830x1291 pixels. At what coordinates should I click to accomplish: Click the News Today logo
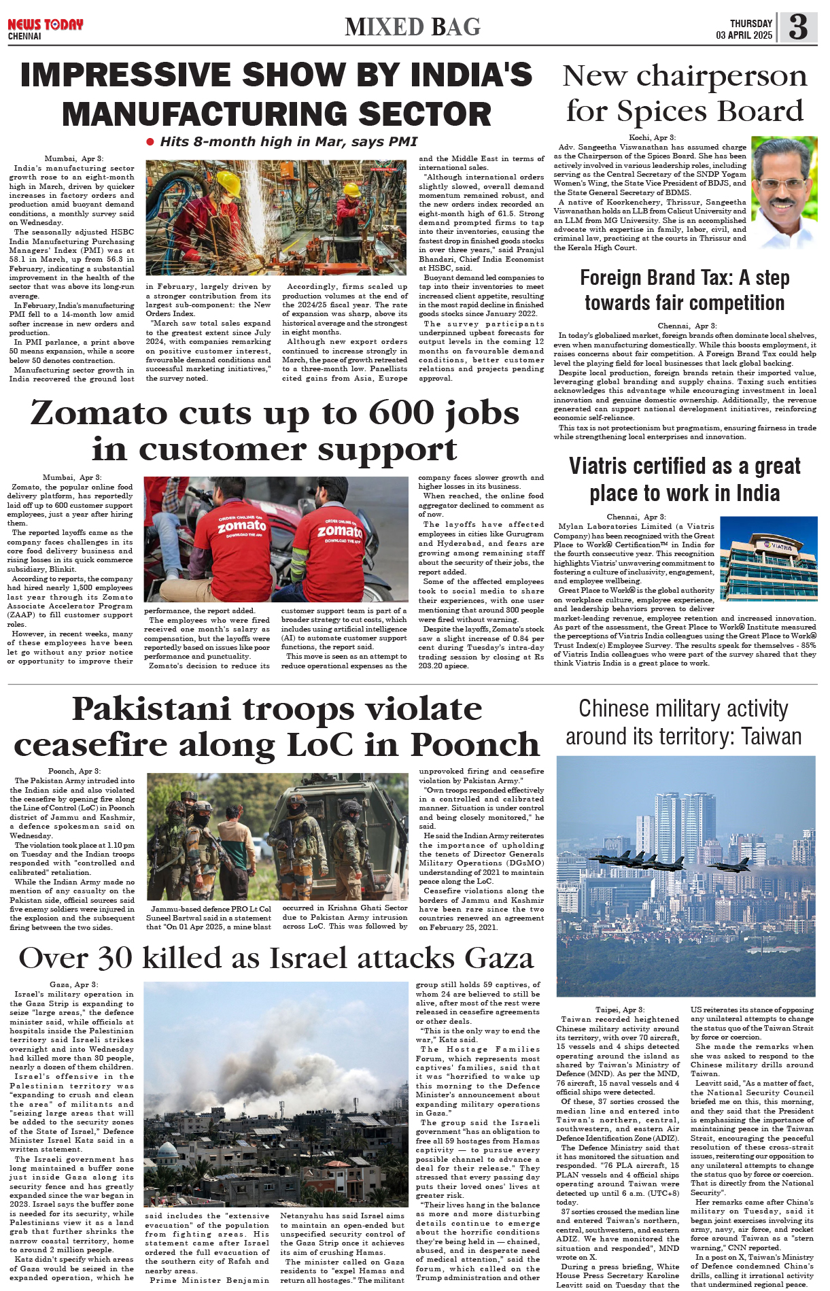tap(45, 24)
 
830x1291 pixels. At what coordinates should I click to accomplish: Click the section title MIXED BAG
tap(413, 27)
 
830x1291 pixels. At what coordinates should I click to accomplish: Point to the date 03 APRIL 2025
tap(744, 35)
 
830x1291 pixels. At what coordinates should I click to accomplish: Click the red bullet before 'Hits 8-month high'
tap(150, 141)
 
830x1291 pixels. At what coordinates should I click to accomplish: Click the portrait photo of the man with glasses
tap(784, 192)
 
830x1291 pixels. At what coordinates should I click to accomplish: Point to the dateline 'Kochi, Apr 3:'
tap(652, 137)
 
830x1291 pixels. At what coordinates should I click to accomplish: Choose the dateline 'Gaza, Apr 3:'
tap(73, 984)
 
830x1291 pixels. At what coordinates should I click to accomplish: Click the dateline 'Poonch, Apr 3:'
tap(74, 771)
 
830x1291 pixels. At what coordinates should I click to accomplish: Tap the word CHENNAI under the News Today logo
tap(24, 36)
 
